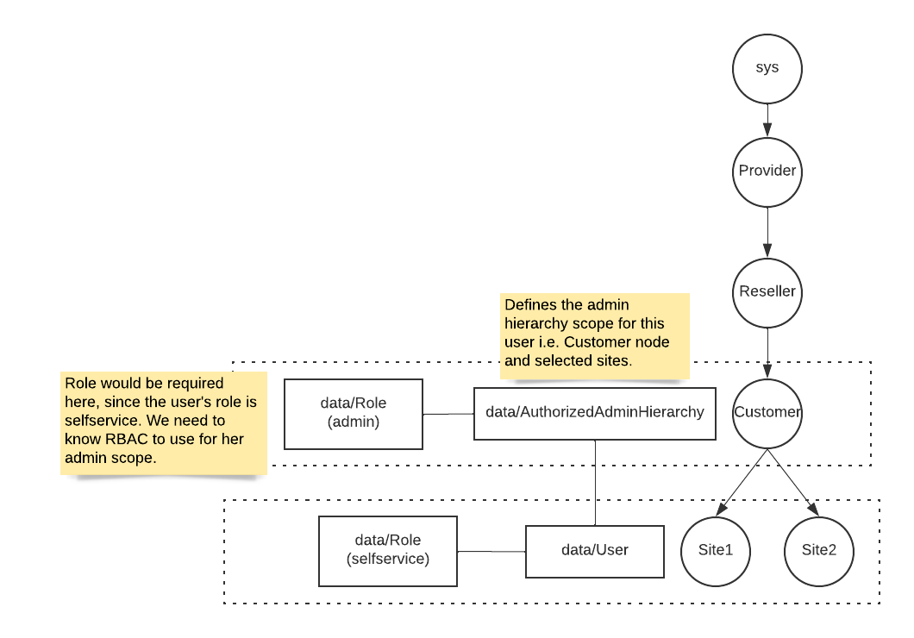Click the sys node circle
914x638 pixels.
tap(767, 68)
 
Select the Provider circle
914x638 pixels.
tap(767, 171)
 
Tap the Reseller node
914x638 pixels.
tap(767, 291)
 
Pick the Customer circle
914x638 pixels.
tap(767, 412)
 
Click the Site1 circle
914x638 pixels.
tap(715, 551)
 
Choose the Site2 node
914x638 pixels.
tap(818, 551)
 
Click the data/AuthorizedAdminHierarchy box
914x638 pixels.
tap(594, 413)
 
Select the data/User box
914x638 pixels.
tap(594, 551)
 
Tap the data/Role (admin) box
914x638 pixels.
tap(354, 414)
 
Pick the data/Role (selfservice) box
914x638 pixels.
tap(387, 551)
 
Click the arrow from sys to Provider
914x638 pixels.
tap(767, 119)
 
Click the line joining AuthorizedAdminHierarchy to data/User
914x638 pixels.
tap(595, 483)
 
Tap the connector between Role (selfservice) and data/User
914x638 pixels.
tap(491, 552)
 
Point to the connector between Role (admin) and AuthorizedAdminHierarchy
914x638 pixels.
tap(448, 414)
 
